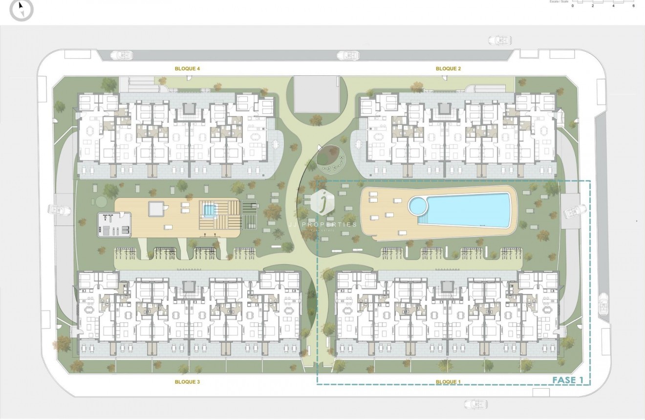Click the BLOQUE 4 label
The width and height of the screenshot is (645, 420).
(187, 69)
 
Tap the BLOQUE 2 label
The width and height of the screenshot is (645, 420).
(448, 69)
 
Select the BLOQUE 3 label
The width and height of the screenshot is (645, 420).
(187, 382)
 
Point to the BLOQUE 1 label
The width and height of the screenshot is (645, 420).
(448, 382)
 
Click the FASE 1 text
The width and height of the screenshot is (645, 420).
(567, 380)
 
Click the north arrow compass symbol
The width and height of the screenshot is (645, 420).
(21, 10)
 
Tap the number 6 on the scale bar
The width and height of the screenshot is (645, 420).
(633, 6)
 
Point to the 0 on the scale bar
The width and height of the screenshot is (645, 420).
(573, 6)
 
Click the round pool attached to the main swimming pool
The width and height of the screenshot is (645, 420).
(418, 206)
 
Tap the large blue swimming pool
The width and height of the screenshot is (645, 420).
(469, 209)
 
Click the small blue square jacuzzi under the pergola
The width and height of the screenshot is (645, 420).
(209, 211)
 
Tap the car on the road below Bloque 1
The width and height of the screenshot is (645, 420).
(475, 404)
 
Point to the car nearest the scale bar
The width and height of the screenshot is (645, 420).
(500, 40)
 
